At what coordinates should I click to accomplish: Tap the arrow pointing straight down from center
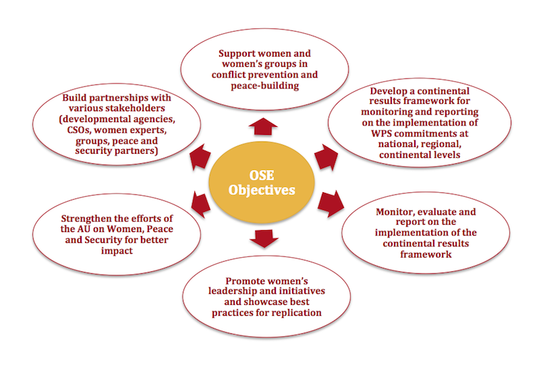pos(262,237)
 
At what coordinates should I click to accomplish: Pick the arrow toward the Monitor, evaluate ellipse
pos(331,200)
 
